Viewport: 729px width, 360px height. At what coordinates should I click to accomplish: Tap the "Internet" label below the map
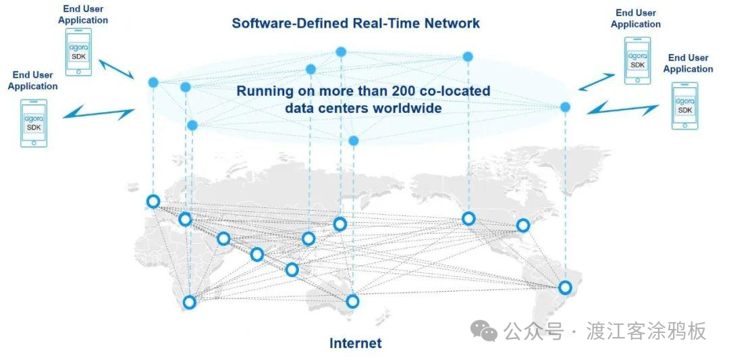coord(355,343)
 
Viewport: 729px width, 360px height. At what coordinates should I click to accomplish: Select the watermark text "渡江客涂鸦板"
coord(646,332)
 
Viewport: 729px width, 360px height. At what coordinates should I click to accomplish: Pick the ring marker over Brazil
coord(565,288)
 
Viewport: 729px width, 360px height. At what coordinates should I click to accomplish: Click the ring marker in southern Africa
coord(190,302)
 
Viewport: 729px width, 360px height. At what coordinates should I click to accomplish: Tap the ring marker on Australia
coord(352,301)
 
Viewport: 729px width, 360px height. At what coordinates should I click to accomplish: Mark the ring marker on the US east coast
coord(523,225)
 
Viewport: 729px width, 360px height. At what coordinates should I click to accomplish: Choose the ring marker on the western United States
coord(468,218)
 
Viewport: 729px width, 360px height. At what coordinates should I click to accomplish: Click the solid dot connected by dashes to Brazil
coord(565,107)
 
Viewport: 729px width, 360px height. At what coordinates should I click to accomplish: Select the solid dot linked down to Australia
coord(353,140)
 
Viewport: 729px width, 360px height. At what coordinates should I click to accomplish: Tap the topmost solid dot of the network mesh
coord(341,51)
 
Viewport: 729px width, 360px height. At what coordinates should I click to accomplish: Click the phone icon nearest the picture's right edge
coord(685,105)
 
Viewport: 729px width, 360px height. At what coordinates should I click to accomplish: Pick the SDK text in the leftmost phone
coord(34,127)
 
